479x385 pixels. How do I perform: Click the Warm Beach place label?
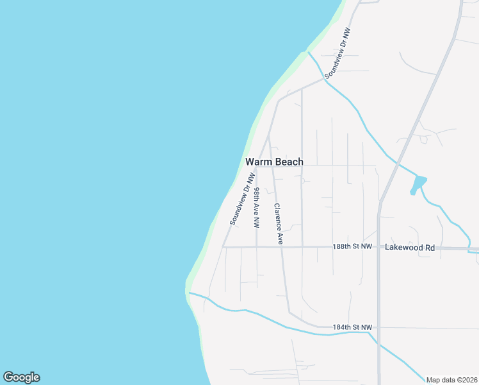coord(274,162)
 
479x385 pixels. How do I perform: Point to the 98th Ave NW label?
coord(256,208)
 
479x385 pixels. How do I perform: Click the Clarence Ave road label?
coord(279,224)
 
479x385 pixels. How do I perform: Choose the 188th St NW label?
coord(352,246)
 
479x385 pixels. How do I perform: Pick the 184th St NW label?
coord(352,327)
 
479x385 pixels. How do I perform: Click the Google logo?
coord(21,377)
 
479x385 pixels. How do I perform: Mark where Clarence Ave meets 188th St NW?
coord(281,246)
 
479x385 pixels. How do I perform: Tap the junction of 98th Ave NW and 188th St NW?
coord(257,246)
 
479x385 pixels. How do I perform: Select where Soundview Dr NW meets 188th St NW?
coord(223,246)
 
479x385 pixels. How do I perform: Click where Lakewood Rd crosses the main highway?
coord(378,247)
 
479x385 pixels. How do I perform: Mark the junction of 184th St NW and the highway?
coord(378,327)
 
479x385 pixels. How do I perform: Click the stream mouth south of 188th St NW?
coord(190,294)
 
